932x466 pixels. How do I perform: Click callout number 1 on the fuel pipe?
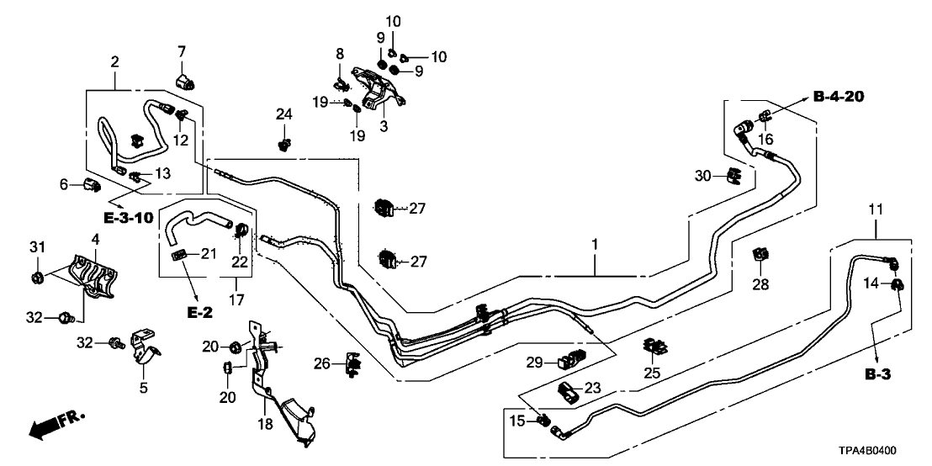[x=595, y=246]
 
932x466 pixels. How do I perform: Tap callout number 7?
[x=180, y=54]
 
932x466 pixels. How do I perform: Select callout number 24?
[x=284, y=114]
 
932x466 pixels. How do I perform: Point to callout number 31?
[x=36, y=246]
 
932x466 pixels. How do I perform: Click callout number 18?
[x=266, y=424]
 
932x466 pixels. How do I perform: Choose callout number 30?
[x=703, y=175]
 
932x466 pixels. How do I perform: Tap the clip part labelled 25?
[x=651, y=345]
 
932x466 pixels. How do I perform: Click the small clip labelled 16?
[x=765, y=115]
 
